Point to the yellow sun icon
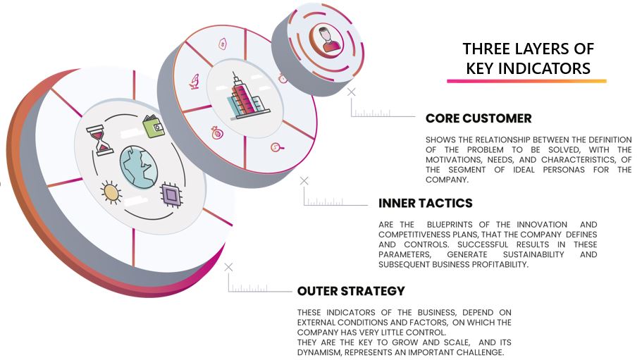111,192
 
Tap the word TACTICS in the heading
444,203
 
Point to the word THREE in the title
486,49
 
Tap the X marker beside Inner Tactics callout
304,181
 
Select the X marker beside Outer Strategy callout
228,267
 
